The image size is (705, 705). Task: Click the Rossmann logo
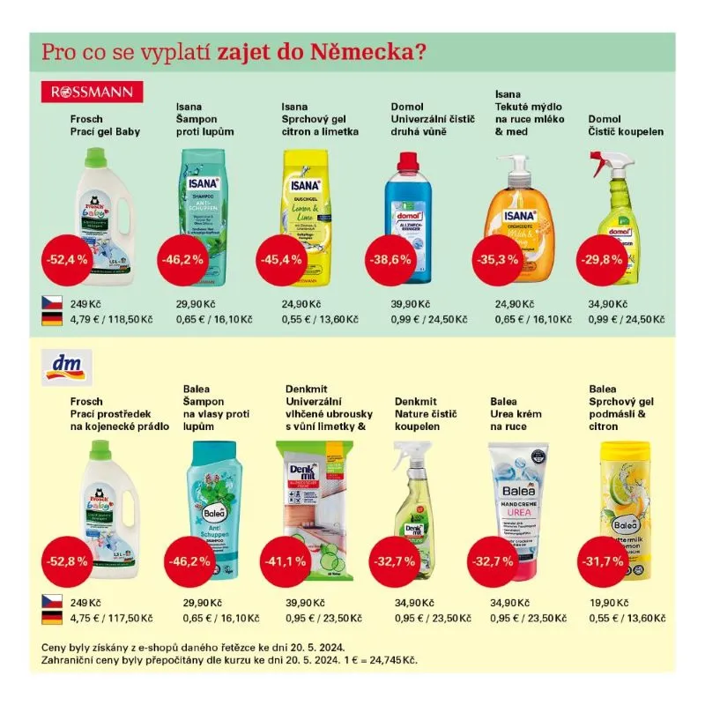tap(93, 92)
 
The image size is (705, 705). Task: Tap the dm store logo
tap(63, 367)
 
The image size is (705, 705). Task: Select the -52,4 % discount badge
tap(66, 260)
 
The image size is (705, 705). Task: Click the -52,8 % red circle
tap(66, 560)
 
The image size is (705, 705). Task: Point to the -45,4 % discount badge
tap(280, 260)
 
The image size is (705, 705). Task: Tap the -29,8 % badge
tap(600, 260)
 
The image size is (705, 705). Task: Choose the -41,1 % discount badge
tap(287, 560)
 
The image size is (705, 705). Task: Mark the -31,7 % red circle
tap(600, 560)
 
